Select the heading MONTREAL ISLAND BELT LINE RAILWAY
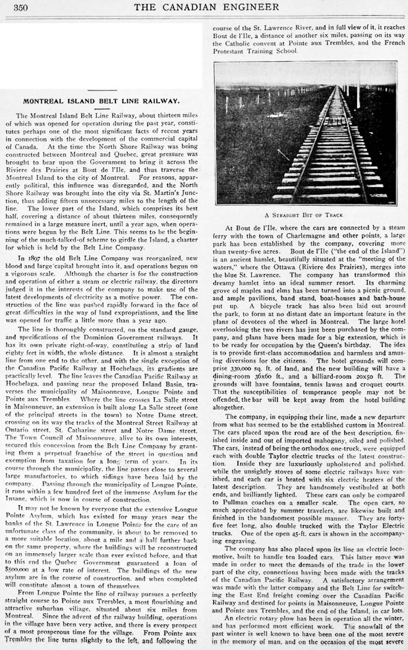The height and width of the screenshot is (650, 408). point(101,101)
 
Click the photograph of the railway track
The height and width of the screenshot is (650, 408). point(305,132)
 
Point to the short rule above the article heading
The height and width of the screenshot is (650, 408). point(101,90)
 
